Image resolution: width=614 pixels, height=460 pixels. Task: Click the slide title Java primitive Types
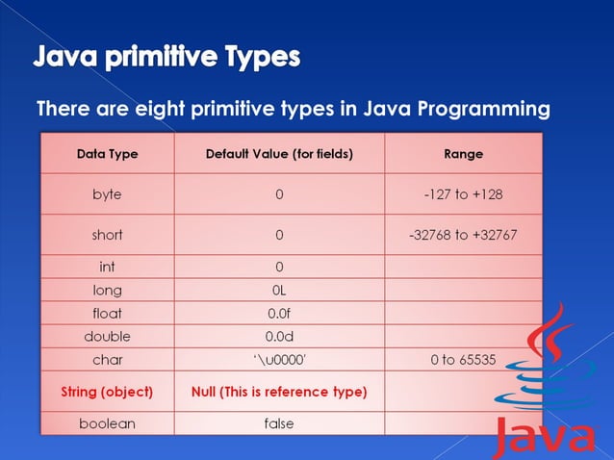point(167,57)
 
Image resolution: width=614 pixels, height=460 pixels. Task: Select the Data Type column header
point(107,154)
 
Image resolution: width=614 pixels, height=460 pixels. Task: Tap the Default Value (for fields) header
point(279,154)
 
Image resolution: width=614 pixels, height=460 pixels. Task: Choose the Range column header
point(464,154)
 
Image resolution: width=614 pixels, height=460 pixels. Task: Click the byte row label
point(107,194)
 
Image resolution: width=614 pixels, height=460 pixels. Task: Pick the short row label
point(107,235)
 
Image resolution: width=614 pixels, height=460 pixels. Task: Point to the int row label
point(107,267)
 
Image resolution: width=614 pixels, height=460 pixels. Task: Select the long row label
point(107,290)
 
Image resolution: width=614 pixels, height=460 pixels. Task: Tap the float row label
point(107,313)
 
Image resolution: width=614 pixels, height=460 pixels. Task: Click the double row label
point(107,337)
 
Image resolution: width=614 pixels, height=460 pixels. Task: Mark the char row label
point(107,360)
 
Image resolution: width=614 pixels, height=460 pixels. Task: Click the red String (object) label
point(107,392)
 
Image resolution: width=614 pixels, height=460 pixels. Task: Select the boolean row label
point(107,423)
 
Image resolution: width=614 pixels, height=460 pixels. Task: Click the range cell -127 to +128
point(464,194)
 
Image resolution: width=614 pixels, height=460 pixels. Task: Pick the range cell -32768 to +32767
point(464,235)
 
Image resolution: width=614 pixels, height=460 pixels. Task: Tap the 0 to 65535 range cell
point(464,360)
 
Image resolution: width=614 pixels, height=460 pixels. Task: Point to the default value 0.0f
point(279,313)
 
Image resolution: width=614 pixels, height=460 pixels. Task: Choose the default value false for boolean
point(279,423)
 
